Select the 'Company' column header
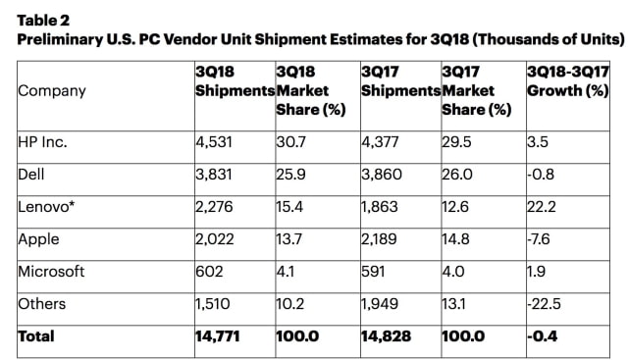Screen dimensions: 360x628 tap(52, 91)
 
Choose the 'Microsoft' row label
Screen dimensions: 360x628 tap(52, 271)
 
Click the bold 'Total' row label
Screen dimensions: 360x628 tap(36, 336)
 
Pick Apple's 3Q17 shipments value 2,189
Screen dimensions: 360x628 tap(382, 238)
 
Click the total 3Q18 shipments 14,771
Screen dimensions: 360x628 tap(221, 336)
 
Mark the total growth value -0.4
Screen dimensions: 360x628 tap(542, 336)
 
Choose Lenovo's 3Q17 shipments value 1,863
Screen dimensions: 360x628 tap(382, 205)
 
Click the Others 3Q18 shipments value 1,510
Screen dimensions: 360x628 tap(216, 304)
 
